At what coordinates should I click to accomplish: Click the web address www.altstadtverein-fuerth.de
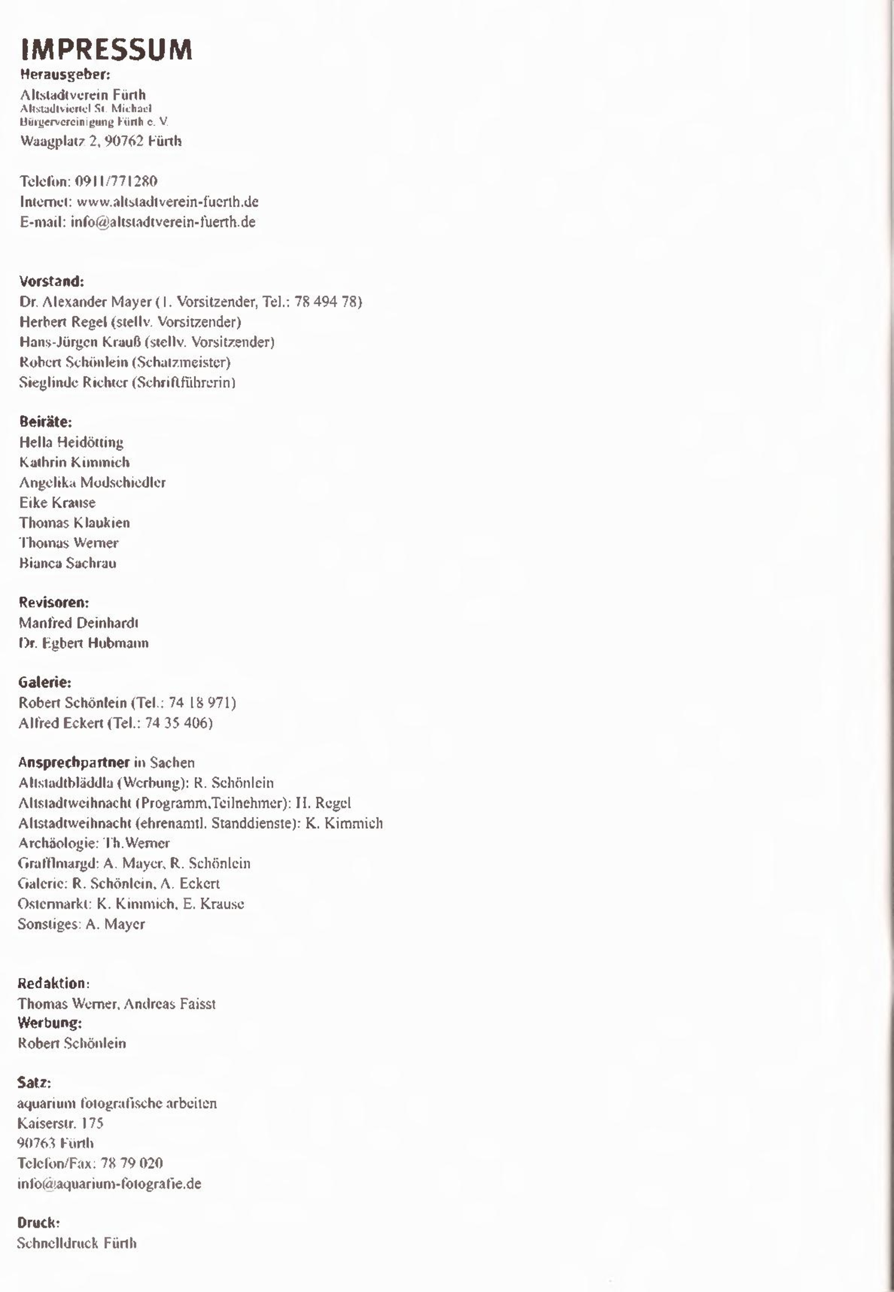pos(167,202)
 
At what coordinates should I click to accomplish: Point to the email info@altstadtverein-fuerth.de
pos(163,222)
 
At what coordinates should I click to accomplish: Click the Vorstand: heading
pos(52,281)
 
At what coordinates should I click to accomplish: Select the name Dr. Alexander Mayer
pos(85,302)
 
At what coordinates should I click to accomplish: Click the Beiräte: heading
pos(45,422)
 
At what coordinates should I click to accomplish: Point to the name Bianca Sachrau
pos(68,563)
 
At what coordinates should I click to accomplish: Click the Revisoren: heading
pos(54,603)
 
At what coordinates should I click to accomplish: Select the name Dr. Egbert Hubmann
pos(83,643)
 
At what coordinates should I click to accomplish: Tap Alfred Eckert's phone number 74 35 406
pos(176,723)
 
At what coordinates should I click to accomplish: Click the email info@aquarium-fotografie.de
pos(109,1184)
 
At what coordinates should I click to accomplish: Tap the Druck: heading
pos(38,1223)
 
